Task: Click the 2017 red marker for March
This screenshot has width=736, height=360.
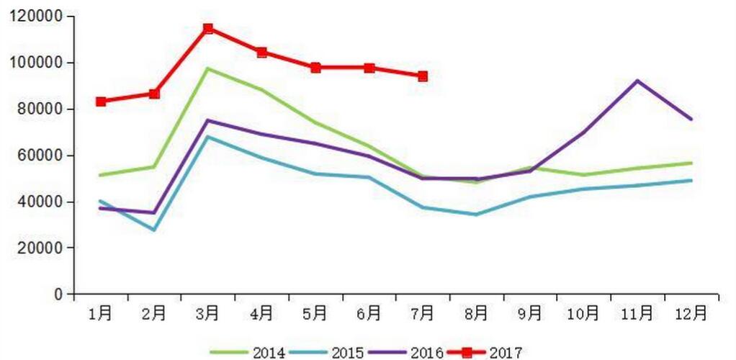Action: tap(208, 29)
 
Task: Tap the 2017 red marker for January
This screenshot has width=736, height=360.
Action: tap(101, 102)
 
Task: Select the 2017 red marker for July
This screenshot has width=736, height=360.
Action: tap(423, 76)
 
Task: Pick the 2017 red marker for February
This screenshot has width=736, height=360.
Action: tap(155, 94)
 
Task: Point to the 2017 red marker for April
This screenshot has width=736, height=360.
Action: tap(262, 52)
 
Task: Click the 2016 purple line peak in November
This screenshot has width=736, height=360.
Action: tap(637, 81)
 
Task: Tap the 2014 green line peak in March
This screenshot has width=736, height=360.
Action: tap(208, 68)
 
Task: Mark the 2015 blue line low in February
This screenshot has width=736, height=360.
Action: tap(155, 230)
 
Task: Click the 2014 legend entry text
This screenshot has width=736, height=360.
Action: tap(269, 353)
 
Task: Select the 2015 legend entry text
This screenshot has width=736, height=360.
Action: tap(346, 353)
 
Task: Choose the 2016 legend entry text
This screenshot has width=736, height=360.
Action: tap(426, 353)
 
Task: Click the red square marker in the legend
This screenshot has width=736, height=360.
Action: tap(467, 352)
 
